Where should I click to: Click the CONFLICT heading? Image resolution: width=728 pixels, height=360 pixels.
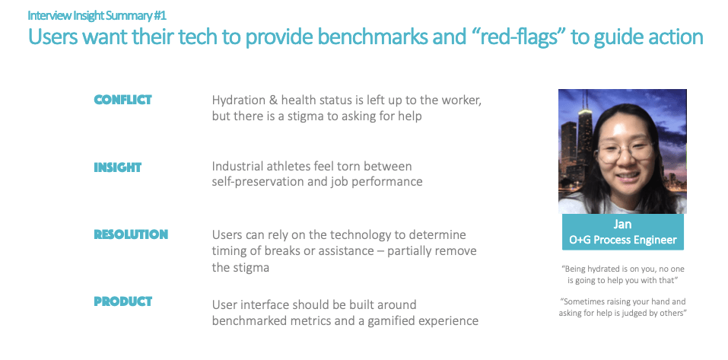point(122,100)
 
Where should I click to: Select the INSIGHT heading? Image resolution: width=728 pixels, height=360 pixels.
point(117,167)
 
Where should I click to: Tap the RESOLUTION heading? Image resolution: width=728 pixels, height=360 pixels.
point(131,234)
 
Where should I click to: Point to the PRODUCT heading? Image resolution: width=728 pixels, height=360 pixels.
point(122,301)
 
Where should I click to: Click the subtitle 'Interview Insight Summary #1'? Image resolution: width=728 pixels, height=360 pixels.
point(97,15)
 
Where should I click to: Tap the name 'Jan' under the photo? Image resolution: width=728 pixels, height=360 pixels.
point(622,225)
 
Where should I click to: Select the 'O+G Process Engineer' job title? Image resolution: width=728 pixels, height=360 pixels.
point(622,241)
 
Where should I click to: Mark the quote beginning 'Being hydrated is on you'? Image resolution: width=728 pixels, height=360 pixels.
point(622,275)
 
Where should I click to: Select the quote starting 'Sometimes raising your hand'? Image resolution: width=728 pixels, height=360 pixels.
point(622,307)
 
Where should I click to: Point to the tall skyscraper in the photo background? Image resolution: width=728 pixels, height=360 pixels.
point(583,139)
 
